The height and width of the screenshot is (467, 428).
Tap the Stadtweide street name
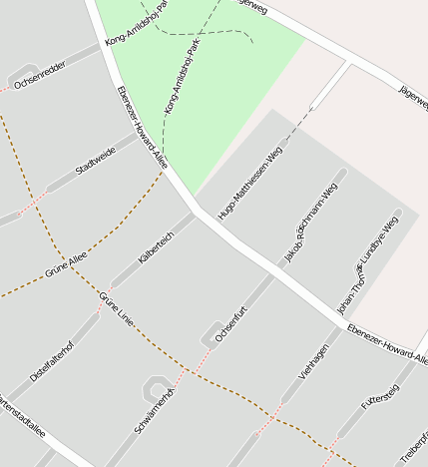(x=96, y=161)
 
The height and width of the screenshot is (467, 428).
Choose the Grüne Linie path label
(x=117, y=311)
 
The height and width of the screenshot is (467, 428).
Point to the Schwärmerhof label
(x=154, y=412)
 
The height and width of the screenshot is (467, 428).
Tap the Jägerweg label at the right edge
(x=413, y=97)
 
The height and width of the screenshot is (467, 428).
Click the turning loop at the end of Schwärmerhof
(x=156, y=386)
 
